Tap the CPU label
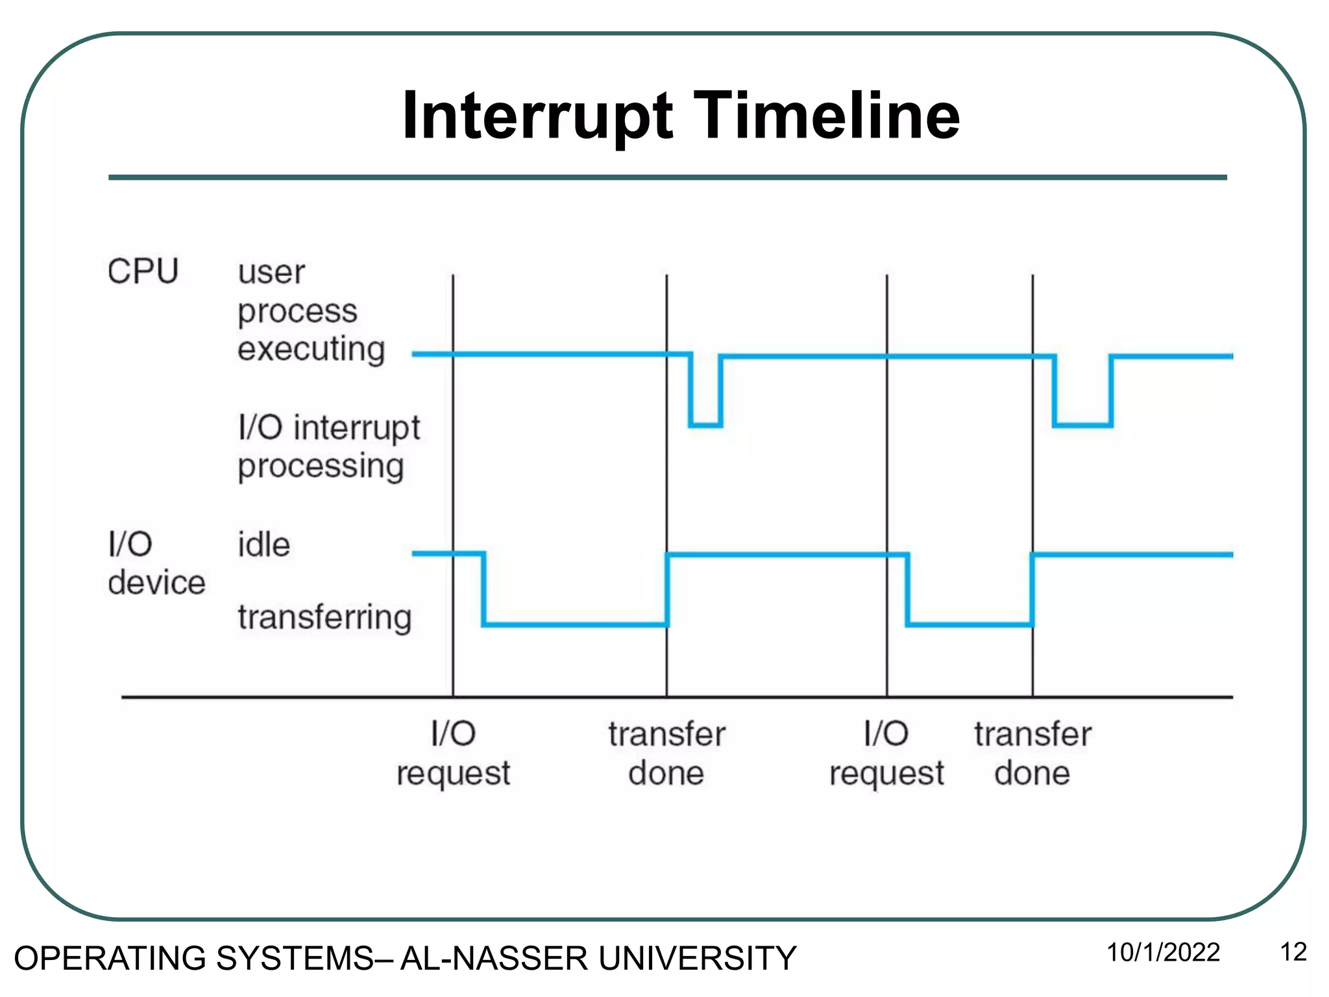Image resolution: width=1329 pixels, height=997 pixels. coord(143,271)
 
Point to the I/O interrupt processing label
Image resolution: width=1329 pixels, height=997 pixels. coord(328,447)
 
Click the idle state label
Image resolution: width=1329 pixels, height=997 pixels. coord(263,545)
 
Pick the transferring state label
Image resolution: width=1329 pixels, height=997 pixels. coord(324,617)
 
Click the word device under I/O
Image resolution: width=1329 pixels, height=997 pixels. coord(156,583)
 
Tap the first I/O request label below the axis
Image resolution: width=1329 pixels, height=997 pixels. coord(453,754)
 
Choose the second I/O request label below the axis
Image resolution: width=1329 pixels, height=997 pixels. coord(886,754)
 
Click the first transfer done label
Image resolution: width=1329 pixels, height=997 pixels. coord(666,754)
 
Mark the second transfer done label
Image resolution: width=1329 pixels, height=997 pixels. coord(1032,754)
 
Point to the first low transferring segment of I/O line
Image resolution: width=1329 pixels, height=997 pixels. coord(575,624)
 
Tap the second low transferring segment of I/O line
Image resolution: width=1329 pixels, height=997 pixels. coord(969,624)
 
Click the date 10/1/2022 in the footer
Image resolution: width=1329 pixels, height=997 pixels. coord(1163,953)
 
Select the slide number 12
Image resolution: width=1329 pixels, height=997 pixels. coord(1293,953)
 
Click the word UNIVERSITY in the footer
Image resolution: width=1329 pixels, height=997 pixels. coord(697,959)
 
